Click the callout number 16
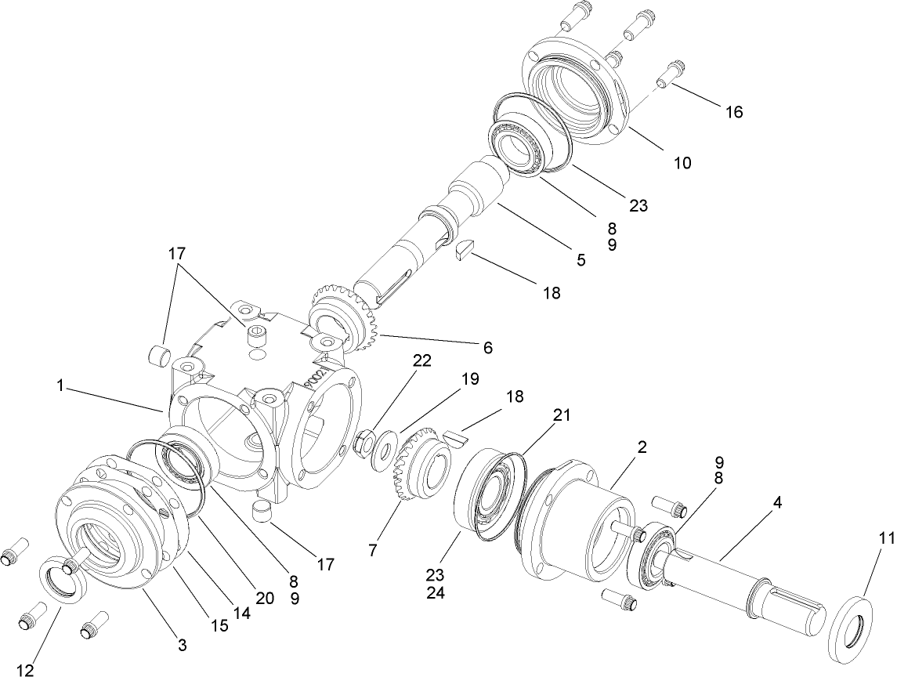point(733,112)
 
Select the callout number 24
point(436,594)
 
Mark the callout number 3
point(182,646)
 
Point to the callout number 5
point(581,259)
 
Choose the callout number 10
point(682,163)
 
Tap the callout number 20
point(265,598)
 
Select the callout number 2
point(642,447)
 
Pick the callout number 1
point(60,385)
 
